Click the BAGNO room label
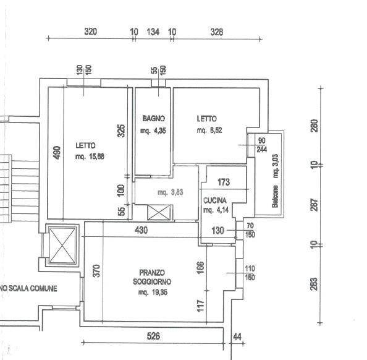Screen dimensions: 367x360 pos(154,118)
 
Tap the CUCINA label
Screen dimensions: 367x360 pos(215,200)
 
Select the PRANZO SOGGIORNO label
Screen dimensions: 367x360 pos(152,277)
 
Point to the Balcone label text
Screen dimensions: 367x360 pos(276,197)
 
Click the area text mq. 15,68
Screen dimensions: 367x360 pos(90,156)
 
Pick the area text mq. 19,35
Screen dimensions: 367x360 pos(153,293)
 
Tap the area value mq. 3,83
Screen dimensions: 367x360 pos(171,192)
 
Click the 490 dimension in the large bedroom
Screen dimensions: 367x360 pos(57,153)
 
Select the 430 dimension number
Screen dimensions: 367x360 pos(141,230)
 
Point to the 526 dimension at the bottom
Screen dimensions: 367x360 pos(153,336)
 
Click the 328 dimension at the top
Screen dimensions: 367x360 pos(216,32)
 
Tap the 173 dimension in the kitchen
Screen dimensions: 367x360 pos(224,182)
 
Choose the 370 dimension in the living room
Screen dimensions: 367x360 pos(96,271)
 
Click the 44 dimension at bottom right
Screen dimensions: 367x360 pos(237,337)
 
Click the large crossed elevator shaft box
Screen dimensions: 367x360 pos(62,245)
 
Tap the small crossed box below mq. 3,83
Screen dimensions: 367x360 pos(158,213)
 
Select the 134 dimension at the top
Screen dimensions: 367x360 pos(153,32)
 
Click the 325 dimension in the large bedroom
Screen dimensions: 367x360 pos(121,131)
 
